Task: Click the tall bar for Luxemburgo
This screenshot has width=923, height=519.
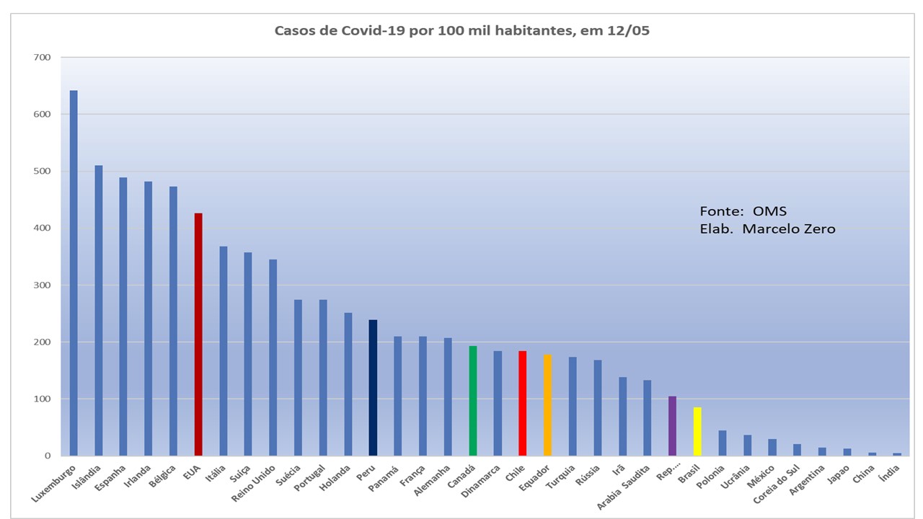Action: (74, 274)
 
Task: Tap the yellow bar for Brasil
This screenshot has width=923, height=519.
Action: (697, 432)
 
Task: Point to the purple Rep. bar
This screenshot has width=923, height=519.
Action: (672, 426)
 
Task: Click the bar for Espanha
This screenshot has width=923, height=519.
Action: (123, 317)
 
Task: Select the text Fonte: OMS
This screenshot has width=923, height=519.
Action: (743, 211)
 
